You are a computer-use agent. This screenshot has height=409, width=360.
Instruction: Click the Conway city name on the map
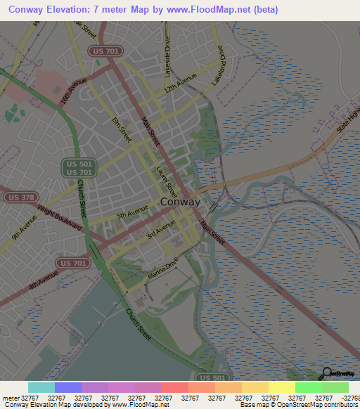pyautogui.click(x=180, y=202)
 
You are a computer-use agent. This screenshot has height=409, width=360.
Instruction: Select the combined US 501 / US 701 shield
pyautogui.click(x=78, y=167)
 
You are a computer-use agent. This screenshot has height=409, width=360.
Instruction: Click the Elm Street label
pyautogui.click(x=122, y=131)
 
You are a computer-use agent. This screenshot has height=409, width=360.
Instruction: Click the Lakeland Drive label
pyautogui.click(x=219, y=66)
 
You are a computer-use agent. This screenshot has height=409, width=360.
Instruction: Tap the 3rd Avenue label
pyautogui.click(x=160, y=228)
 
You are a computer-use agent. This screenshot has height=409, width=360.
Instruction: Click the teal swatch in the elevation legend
pyautogui.click(x=41, y=387)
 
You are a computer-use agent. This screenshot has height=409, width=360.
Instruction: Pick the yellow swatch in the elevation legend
pyautogui.click(x=281, y=387)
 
